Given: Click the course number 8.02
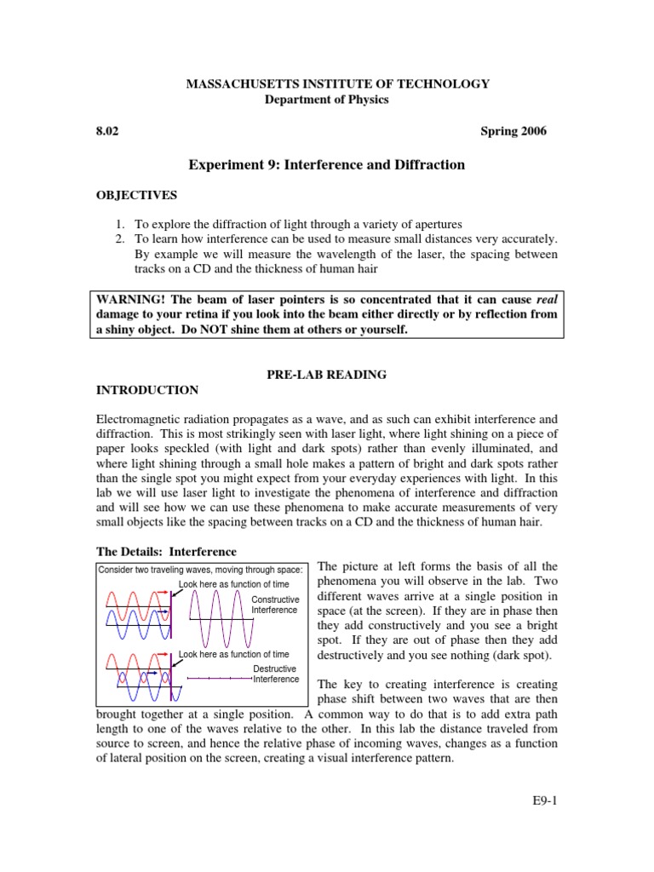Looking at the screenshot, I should pos(105,131).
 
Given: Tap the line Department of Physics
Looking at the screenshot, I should pos(327,99).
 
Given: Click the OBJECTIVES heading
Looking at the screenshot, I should pos(136,195).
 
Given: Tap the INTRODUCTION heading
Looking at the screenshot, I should pos(146,390).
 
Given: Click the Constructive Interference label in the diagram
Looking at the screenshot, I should pos(275,605).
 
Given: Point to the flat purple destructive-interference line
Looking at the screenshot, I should pos(219,678).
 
